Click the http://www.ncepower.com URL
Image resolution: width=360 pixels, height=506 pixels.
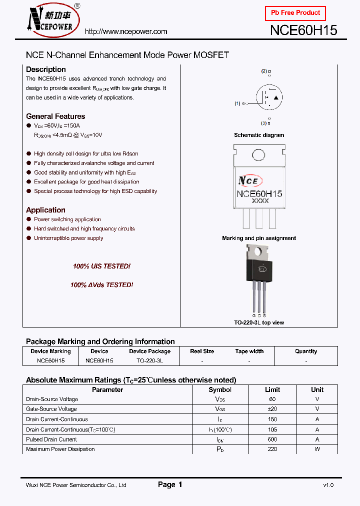[126, 31]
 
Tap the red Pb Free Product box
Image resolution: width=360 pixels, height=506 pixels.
[295, 13]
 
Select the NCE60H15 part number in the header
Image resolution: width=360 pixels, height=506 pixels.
[303, 30]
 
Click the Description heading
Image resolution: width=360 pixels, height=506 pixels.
[46, 69]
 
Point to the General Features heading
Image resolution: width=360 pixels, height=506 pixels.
[55, 116]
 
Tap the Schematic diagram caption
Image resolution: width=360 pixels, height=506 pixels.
[259, 135]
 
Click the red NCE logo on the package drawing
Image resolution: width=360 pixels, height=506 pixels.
[248, 180]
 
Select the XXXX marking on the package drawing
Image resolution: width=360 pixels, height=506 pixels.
[259, 200]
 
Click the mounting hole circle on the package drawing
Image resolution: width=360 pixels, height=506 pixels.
[259, 154]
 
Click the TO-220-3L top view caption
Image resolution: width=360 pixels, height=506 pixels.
[259, 322]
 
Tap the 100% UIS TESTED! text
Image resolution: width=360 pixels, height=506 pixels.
[101, 266]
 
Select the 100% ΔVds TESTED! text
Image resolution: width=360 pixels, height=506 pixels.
[101, 285]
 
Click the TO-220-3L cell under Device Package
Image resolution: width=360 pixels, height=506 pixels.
[149, 360]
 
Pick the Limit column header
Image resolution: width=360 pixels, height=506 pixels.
[272, 389]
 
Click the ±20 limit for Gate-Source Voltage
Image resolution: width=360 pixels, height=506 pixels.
[272, 409]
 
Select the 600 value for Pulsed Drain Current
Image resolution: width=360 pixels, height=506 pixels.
[272, 439]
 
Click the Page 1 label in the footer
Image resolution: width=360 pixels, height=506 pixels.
[170, 484]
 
